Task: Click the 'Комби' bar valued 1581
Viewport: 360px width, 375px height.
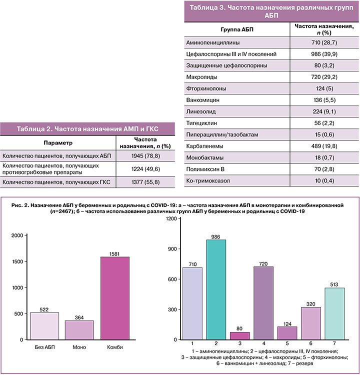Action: (115, 298)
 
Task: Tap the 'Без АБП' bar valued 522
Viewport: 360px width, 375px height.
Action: (45, 325)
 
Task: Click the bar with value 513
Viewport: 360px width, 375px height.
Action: (335, 313)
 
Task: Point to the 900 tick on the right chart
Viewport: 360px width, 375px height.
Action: (171, 249)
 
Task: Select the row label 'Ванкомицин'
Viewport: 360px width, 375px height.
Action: (202, 100)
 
